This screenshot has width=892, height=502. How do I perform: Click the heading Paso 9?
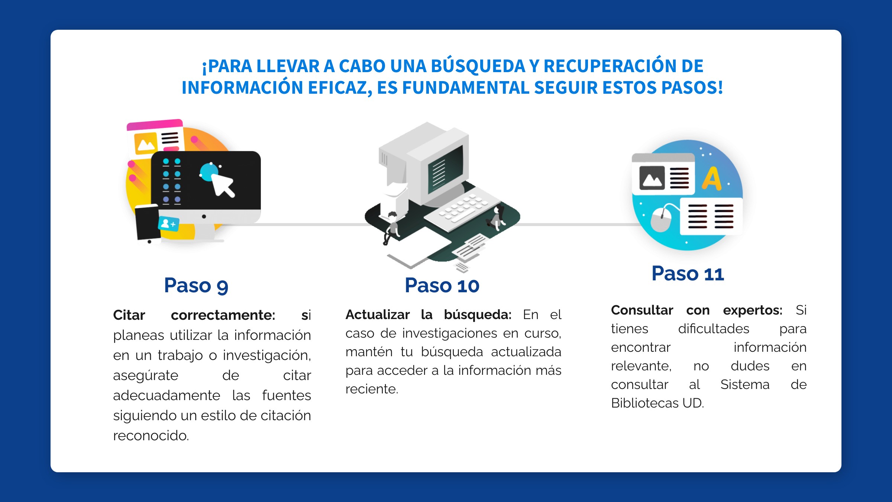pyautogui.click(x=196, y=286)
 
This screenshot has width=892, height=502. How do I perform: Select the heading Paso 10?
pyautogui.click(x=442, y=286)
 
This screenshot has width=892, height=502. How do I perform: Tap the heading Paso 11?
pyautogui.click(x=688, y=274)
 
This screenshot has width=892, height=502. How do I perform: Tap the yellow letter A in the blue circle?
pyautogui.click(x=711, y=179)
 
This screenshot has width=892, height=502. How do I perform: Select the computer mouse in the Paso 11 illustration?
pyautogui.click(x=661, y=219)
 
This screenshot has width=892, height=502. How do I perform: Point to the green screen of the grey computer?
pyautogui.click(x=445, y=170)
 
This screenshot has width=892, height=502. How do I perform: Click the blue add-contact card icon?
pyautogui.click(x=169, y=224)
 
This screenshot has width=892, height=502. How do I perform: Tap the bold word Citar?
pyautogui.click(x=129, y=315)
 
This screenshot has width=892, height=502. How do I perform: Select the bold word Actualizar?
pyautogui.click(x=378, y=315)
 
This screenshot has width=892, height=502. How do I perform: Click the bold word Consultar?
pyautogui.click(x=642, y=310)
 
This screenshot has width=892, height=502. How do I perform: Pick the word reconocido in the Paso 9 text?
pyautogui.click(x=151, y=435)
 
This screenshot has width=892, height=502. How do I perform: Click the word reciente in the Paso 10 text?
pyautogui.click(x=372, y=389)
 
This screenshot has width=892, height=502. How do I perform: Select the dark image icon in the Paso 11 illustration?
pyautogui.click(x=652, y=178)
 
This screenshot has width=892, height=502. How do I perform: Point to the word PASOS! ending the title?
pyautogui.click(x=692, y=88)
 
